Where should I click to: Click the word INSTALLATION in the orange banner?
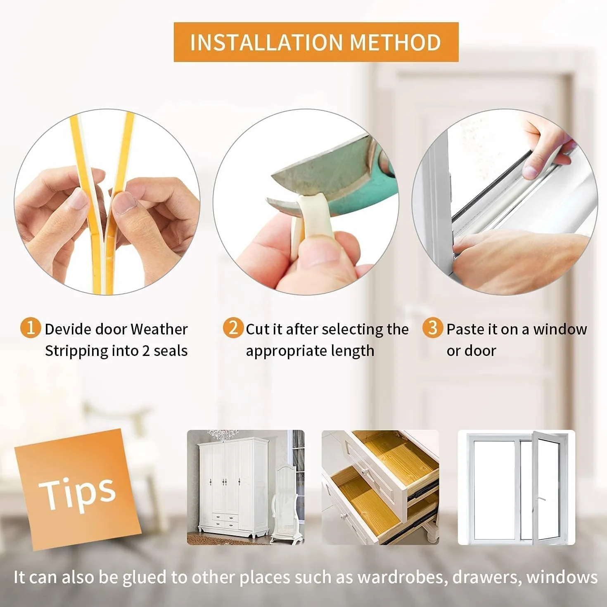[x=266, y=43]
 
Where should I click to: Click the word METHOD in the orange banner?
[x=395, y=43]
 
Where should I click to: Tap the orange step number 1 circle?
[x=31, y=328]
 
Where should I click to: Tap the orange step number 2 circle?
[x=233, y=328]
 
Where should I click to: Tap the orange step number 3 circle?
[x=433, y=328]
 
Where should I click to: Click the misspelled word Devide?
[x=68, y=330]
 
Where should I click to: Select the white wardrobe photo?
[x=246, y=487]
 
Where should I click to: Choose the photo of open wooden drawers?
[x=380, y=487]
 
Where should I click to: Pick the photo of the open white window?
[x=516, y=487]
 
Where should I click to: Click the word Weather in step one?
[x=159, y=330]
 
